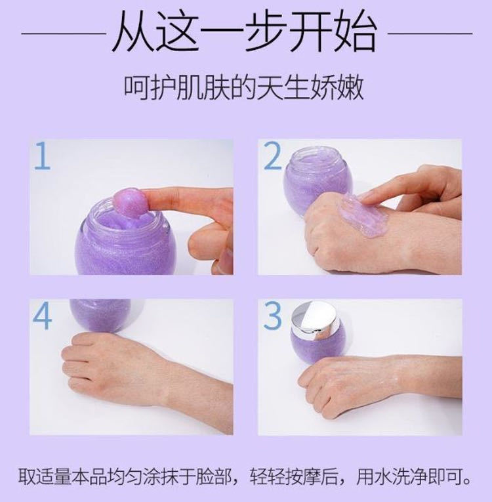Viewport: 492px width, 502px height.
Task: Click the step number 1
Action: click(43, 156)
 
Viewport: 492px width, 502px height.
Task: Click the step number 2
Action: click(272, 156)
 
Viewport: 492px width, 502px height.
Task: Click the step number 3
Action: click(272, 316)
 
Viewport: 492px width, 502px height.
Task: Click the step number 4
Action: click(43, 316)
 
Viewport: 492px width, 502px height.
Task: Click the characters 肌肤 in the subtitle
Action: click(198, 87)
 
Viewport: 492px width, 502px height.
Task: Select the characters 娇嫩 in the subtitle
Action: click(338, 87)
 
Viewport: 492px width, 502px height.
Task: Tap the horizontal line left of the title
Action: click(64, 33)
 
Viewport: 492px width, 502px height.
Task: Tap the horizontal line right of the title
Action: click(430, 33)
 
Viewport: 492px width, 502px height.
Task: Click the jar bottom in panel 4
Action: click(100, 316)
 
